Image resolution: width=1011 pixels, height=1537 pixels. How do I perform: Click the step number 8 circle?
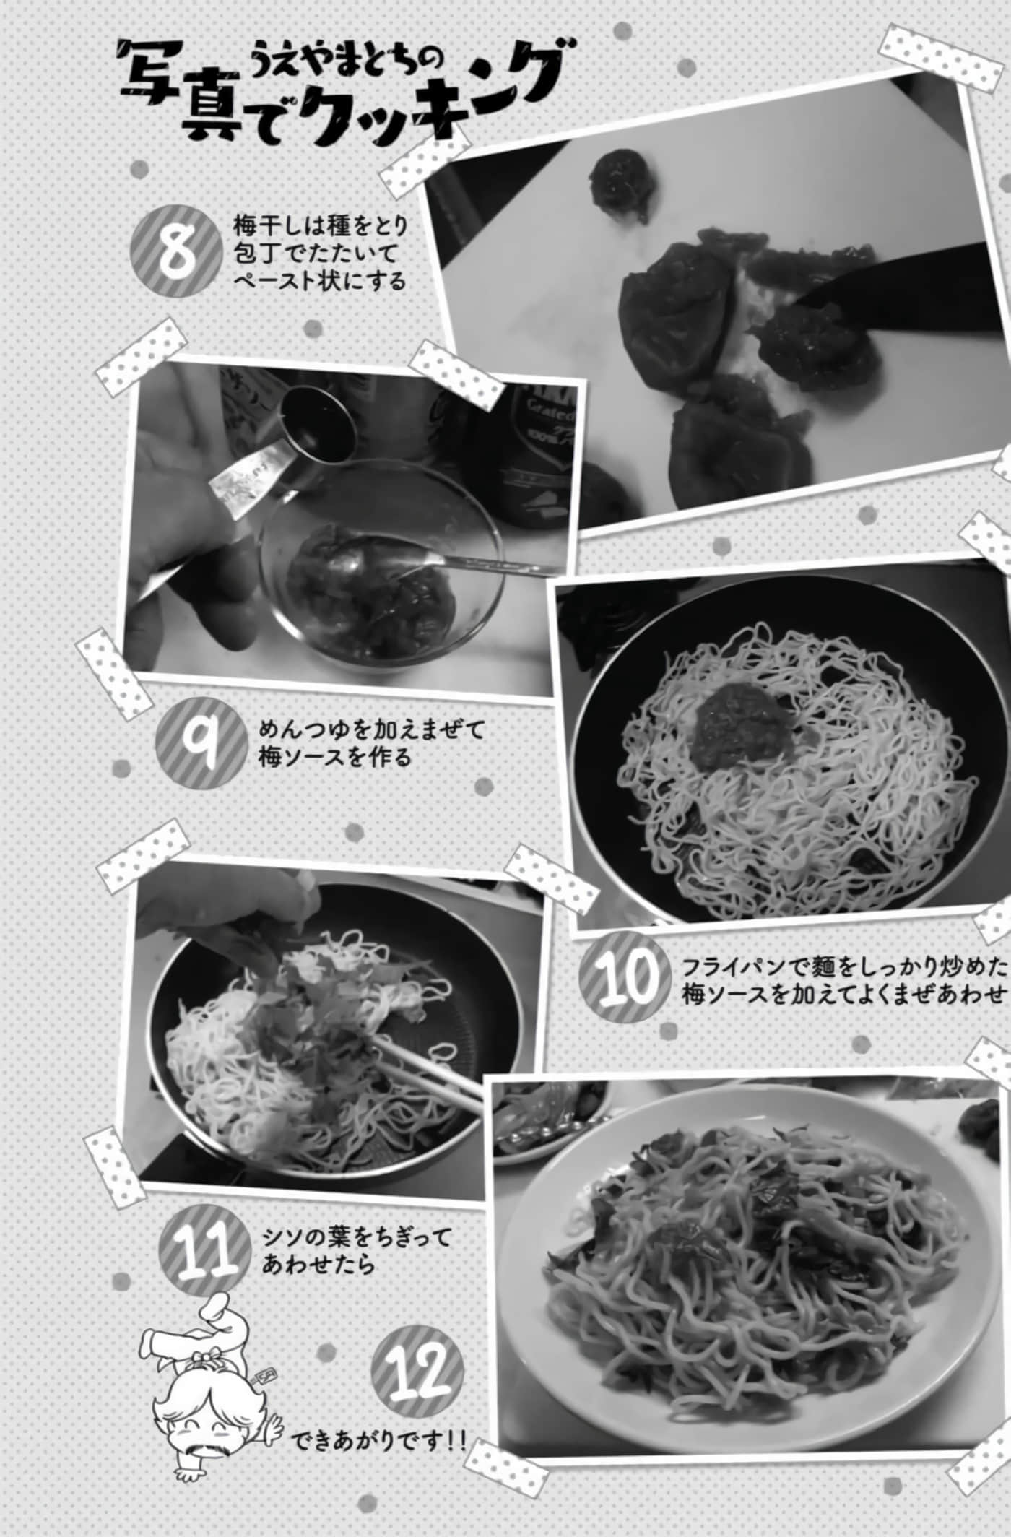click(177, 251)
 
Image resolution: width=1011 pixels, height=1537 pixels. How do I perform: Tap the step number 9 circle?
click(202, 743)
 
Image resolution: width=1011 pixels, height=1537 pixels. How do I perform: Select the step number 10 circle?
click(625, 978)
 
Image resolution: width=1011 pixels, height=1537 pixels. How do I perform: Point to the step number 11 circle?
click(204, 1252)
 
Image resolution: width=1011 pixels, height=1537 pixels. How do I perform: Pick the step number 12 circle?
click(417, 1372)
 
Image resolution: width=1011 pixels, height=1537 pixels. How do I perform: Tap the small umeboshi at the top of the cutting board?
click(618, 176)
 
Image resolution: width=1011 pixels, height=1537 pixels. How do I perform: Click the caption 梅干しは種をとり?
click(321, 225)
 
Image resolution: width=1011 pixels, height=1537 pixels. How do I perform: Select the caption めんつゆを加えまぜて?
click(371, 729)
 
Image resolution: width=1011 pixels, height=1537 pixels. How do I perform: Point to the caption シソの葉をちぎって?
click(357, 1237)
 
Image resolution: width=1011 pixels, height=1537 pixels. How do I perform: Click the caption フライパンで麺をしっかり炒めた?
click(844, 966)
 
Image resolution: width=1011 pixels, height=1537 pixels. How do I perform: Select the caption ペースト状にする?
click(319, 280)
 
